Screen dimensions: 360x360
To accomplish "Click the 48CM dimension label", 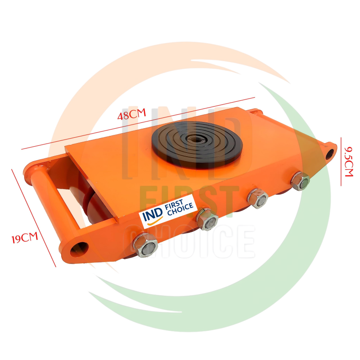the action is click(131, 114).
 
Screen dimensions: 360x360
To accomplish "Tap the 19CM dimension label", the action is click(25, 238).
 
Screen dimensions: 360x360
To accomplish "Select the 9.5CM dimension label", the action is click(348, 162).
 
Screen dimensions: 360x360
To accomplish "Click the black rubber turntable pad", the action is click(197, 144).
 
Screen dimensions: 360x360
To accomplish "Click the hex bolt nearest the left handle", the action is click(145, 245).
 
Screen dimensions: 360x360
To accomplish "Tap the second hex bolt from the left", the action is click(207, 220).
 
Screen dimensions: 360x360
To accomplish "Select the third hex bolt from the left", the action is click(257, 198).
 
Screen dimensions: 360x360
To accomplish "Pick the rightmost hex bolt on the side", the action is click(300, 181).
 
